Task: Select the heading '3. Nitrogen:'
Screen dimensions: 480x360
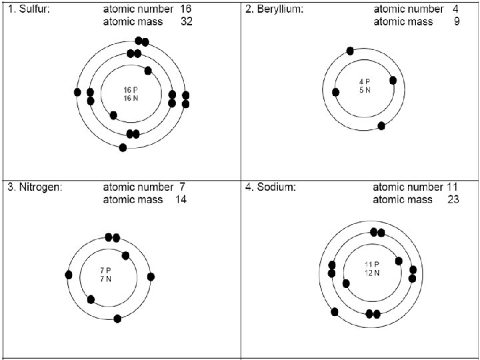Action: (35, 187)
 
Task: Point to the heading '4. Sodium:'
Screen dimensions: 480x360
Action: (271, 187)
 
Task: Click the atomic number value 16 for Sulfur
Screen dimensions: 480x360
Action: (186, 9)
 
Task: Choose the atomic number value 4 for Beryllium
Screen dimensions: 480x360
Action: (455, 9)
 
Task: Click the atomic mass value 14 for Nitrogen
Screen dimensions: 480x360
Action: (181, 199)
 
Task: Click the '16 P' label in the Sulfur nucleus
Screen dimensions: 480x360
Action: (131, 90)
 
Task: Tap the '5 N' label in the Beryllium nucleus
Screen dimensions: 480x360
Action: (365, 90)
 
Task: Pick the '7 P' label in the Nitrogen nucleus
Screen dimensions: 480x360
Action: (105, 270)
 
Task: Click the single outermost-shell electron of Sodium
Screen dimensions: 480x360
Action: (335, 311)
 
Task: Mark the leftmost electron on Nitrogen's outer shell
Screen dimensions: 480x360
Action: (69, 275)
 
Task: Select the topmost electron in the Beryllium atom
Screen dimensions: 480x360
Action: (350, 51)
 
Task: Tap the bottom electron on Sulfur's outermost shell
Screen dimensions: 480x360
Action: (123, 147)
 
